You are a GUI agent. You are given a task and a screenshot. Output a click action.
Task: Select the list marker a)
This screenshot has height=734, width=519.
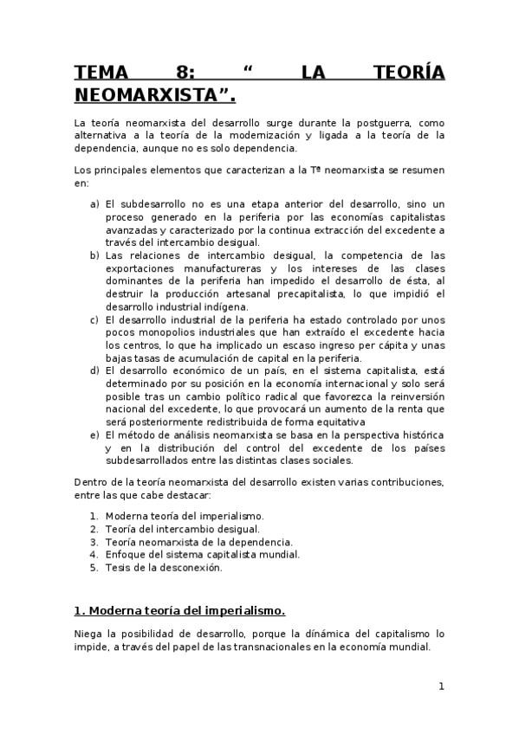[x=94, y=203]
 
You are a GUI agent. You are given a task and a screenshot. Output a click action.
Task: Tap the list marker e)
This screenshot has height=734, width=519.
[x=94, y=432]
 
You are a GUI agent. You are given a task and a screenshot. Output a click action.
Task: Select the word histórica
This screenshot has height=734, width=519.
[x=418, y=432]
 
